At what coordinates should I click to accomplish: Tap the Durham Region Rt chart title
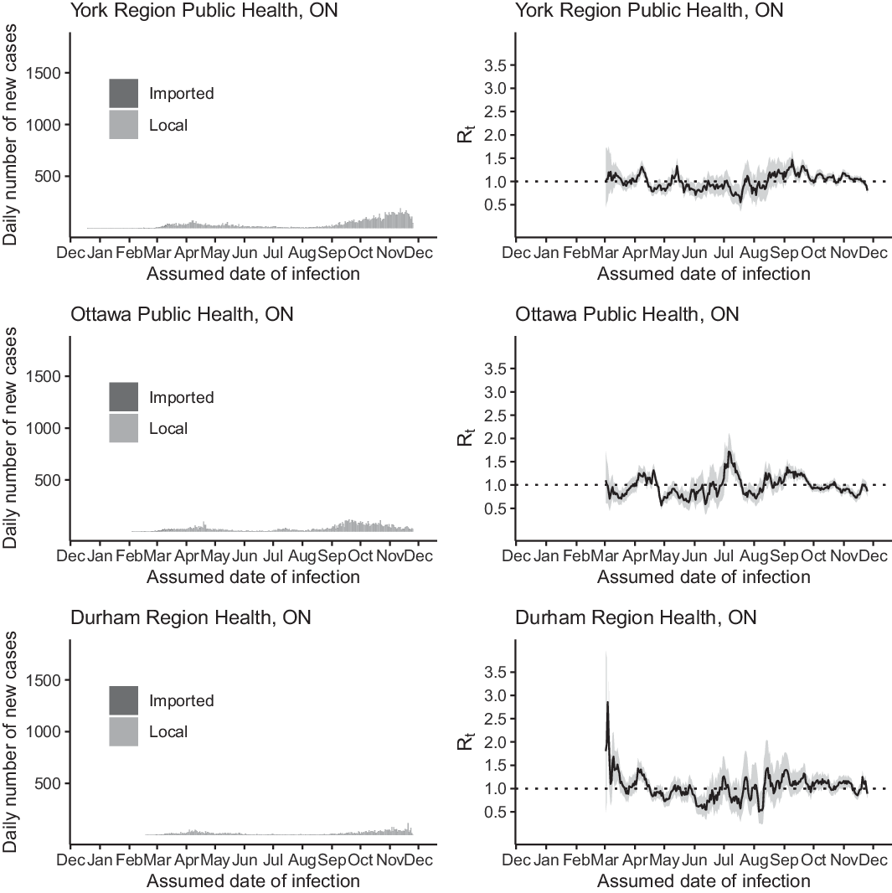[636, 617]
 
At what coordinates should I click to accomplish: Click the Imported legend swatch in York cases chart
[123, 93]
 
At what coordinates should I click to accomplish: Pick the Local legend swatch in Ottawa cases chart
[123, 428]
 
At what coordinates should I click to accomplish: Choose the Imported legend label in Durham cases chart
[181, 700]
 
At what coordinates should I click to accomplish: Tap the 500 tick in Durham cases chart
[49, 783]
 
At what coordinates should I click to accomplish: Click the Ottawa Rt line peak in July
[730, 452]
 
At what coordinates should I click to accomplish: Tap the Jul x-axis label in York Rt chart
[724, 253]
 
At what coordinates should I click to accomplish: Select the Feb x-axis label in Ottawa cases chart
[130, 556]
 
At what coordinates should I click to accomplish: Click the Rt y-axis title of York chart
[467, 134]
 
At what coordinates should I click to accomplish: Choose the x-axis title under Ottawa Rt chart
[704, 576]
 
